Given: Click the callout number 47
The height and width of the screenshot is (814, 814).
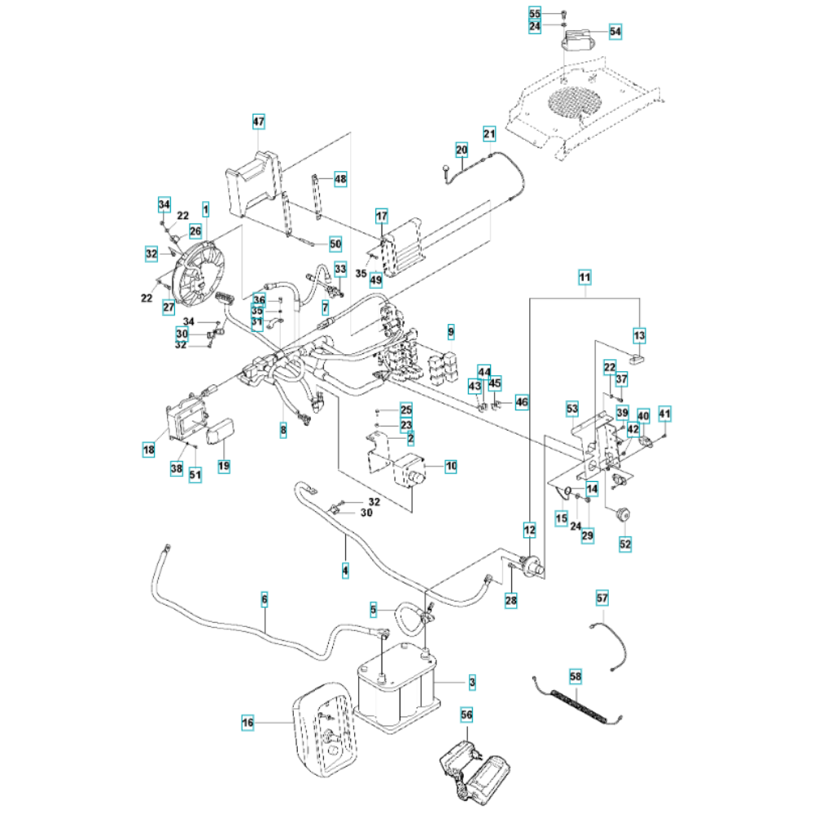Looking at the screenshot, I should point(258,122).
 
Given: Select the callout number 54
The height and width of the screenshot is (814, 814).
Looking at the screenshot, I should point(615,32).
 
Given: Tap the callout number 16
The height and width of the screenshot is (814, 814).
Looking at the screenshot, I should point(248,721).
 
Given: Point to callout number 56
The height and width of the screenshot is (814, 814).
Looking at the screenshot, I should point(466,714).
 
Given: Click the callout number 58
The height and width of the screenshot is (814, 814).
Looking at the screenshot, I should point(575,676).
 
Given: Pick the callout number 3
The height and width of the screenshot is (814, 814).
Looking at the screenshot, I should point(472,681).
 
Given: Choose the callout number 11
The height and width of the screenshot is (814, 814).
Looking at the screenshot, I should point(584,277).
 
